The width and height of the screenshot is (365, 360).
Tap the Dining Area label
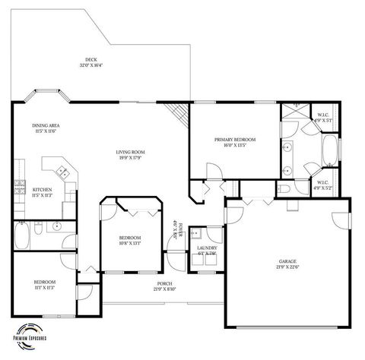pos(45,128)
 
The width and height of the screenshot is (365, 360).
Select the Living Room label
pos(130,155)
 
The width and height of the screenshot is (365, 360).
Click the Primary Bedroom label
pos(234,142)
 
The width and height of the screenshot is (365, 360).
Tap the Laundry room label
pos(207,250)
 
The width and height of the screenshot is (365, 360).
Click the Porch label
pos(165,286)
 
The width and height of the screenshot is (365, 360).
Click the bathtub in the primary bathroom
pos(331,150)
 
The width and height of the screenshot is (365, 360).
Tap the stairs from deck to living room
pos(178,114)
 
